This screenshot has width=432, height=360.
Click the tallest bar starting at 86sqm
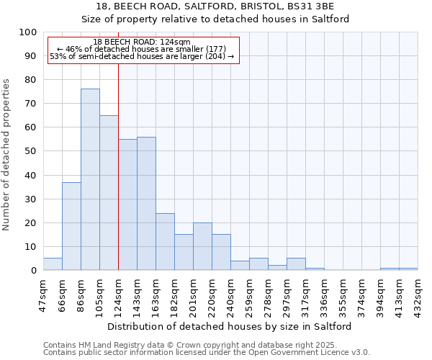pyautogui.click(x=90, y=179)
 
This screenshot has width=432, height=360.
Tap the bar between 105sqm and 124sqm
pyautogui.click(x=109, y=192)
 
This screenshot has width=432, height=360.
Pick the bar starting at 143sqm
pyautogui.click(x=146, y=203)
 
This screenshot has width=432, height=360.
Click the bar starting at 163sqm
pyautogui.click(x=165, y=241)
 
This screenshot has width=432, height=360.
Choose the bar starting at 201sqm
pyautogui.click(x=202, y=246)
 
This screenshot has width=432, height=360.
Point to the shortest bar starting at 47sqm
pyautogui.click(x=53, y=264)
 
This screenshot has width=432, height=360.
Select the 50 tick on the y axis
pyautogui.click(x=30, y=151)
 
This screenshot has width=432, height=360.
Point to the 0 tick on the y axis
pyautogui.click(x=33, y=270)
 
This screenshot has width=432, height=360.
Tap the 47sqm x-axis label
pyautogui.click(x=44, y=292)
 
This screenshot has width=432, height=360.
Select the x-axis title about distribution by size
pyautogui.click(x=230, y=326)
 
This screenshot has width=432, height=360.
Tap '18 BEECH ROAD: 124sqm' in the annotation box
pyautogui.click(x=142, y=42)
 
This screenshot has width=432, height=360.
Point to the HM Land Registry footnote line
pyautogui.click(x=179, y=345)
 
